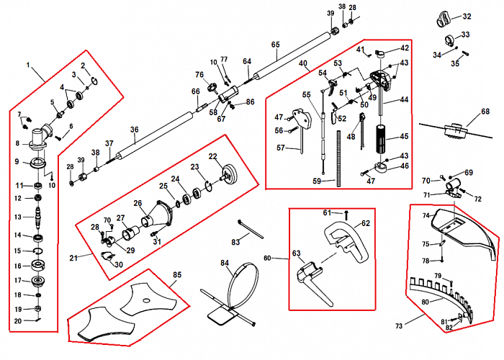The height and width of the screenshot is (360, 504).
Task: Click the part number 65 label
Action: click(275, 45)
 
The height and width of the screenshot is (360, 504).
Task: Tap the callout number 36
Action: click(134, 130)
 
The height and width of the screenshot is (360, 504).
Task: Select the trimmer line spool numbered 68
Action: click(455, 130)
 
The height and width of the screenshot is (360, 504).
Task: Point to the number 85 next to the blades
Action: click(177, 274)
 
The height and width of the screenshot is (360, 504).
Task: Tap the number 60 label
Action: click(267, 258)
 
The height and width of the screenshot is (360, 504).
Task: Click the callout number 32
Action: click(467, 16)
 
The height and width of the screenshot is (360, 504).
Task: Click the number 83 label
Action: click(235, 243)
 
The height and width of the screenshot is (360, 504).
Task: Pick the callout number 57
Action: click(282, 148)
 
